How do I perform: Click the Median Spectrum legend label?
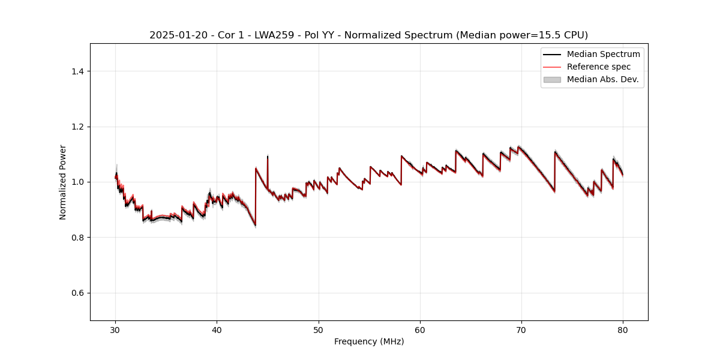pos(603,54)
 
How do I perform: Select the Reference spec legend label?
pos(598,67)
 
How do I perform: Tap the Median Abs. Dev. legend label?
pos(602,79)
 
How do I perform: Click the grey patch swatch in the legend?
pos(552,79)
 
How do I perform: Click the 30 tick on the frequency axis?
pos(116,329)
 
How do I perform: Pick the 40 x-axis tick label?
pos(217,329)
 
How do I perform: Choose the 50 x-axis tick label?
pos(319,329)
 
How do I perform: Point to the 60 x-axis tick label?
pos(420,329)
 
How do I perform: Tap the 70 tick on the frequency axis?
pos(521,329)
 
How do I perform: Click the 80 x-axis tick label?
pos(623,329)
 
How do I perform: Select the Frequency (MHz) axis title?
pos(369,341)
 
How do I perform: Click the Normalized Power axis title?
pos(63,182)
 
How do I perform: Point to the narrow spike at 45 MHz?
pos(268,158)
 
